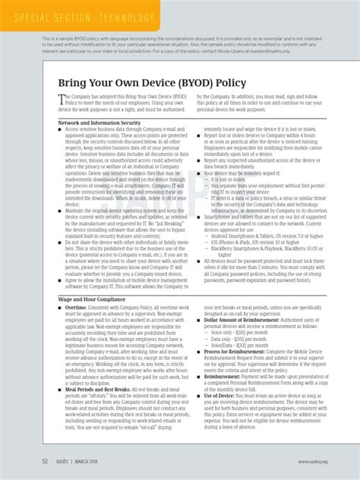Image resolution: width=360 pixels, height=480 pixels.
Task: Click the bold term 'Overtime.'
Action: pyautogui.click(x=77, y=308)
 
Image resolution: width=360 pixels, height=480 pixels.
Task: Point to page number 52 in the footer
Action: pyautogui.click(x=45, y=460)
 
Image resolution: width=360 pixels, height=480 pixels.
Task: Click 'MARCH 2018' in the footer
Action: pyautogui.click(x=95, y=460)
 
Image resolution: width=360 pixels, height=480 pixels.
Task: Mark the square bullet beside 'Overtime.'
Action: pyautogui.click(x=61, y=308)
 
